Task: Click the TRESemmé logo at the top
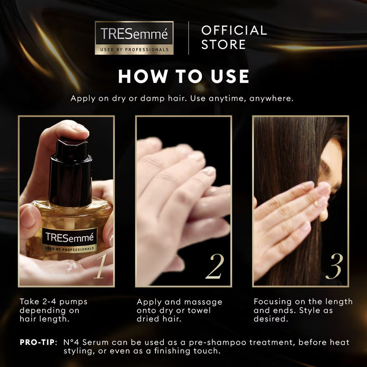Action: pyautogui.click(x=134, y=38)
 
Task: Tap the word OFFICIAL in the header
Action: pyautogui.click(x=234, y=30)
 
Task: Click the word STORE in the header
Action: pyautogui.click(x=223, y=45)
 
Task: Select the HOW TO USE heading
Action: pyautogui.click(x=183, y=76)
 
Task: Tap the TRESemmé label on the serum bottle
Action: pyautogui.click(x=70, y=240)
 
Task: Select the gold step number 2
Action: pyautogui.click(x=215, y=266)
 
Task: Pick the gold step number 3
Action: pyautogui.click(x=334, y=266)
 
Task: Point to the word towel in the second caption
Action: pyautogui.click(x=199, y=310)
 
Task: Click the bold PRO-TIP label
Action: pyautogui.click(x=38, y=342)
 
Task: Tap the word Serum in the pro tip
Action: pyautogui.click(x=96, y=342)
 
